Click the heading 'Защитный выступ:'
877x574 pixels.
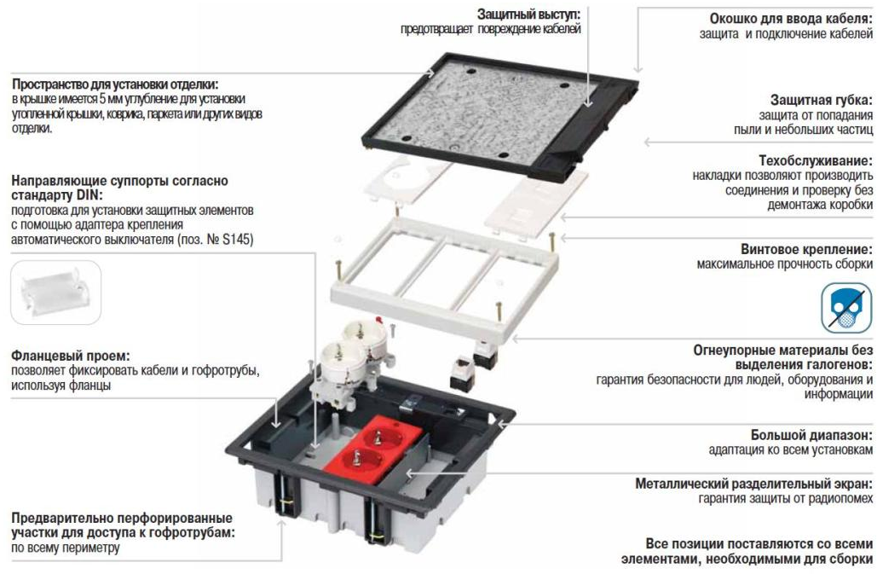coord(528,14)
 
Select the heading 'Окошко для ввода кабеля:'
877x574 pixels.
coord(791,19)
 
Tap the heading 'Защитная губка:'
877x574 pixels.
coord(821,100)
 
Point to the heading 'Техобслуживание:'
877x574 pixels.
coord(816,160)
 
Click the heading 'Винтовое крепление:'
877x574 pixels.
coord(806,249)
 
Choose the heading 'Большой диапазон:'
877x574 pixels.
coord(811,435)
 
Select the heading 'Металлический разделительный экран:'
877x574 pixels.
coord(754,484)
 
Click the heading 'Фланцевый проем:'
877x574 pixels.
coord(71,356)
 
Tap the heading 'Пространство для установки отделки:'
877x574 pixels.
coord(115,84)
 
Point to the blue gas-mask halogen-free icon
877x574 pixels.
coord(846,308)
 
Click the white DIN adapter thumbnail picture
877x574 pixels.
coord(56,293)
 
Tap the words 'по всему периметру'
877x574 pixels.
coord(66,548)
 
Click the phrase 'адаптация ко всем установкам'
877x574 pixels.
coord(790,449)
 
